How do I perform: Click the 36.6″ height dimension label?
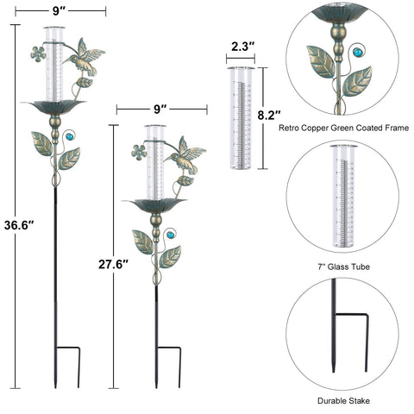(x=19, y=225)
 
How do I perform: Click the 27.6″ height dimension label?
(x=113, y=264)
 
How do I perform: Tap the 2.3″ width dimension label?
(x=243, y=47)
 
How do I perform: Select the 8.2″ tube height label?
(x=269, y=116)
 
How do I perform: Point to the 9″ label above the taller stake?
(x=60, y=11)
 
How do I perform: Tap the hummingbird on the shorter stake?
(x=185, y=155)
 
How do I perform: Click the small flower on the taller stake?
(x=38, y=53)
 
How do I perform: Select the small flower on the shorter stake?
(x=139, y=153)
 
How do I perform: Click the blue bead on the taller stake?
(x=70, y=136)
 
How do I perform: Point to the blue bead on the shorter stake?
(x=171, y=235)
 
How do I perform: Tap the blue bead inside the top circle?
(x=358, y=53)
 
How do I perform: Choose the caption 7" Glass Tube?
(x=343, y=267)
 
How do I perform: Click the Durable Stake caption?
(x=343, y=400)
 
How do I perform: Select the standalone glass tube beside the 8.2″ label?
(x=241, y=118)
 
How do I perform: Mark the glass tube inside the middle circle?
(x=343, y=196)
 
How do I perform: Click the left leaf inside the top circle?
(x=321, y=62)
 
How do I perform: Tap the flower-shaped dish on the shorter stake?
(x=155, y=205)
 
